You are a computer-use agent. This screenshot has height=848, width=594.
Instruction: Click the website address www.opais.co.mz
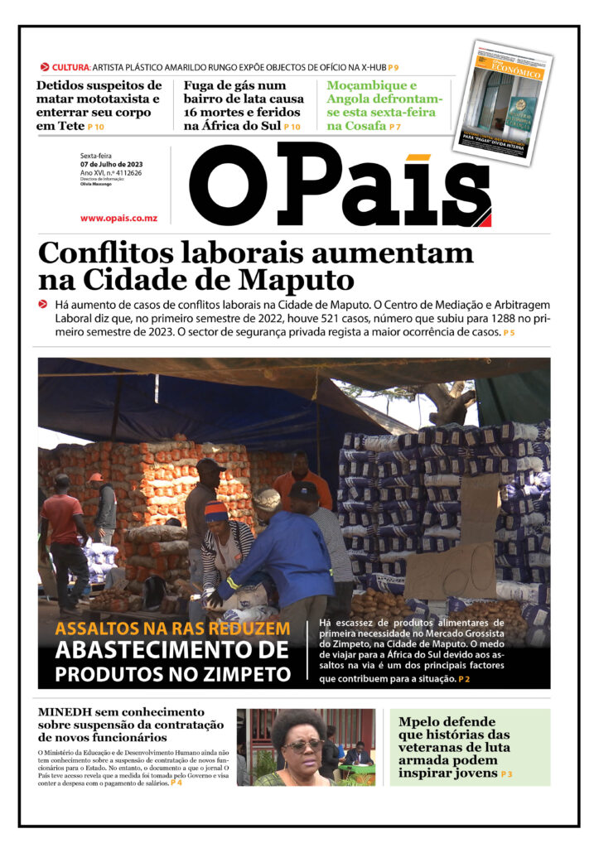118,218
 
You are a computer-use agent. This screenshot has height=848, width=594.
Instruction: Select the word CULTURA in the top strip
70,67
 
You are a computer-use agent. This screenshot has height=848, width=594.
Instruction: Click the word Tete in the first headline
71,127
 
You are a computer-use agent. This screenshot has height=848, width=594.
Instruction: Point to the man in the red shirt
65,530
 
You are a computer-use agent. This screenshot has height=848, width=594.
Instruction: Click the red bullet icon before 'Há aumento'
43,304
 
